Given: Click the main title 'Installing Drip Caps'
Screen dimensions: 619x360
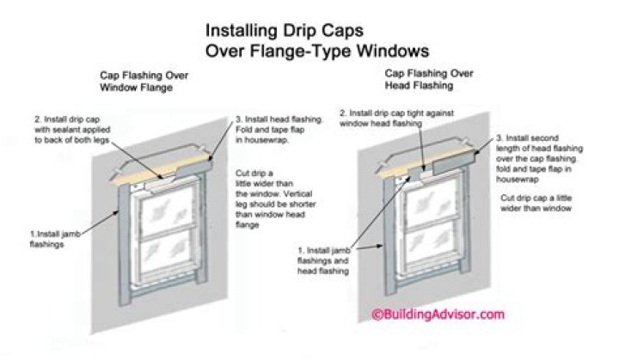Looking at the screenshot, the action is click(285, 31).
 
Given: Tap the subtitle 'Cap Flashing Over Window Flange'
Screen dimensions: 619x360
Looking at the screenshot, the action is click(144, 81).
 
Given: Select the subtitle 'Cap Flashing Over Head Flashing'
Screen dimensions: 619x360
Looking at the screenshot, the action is click(429, 79).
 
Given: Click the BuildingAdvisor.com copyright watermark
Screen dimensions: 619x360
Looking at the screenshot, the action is click(438, 314).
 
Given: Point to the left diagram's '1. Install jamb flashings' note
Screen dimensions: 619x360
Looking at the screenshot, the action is click(55, 239).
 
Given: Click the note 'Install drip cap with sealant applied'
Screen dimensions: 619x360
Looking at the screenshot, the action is click(72, 130).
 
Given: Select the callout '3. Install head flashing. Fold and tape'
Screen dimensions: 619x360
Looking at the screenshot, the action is click(279, 130).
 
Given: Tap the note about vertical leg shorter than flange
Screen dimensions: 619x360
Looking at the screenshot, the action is click(276, 199).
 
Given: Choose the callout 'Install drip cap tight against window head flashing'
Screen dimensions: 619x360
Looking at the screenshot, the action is click(396, 118).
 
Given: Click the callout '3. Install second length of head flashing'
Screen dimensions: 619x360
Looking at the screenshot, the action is click(539, 158).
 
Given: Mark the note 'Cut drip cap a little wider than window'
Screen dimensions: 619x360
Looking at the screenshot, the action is click(536, 203).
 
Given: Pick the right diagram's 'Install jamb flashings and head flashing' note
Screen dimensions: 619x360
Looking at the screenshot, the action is click(324, 260).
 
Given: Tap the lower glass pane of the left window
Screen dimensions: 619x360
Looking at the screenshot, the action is click(166, 251).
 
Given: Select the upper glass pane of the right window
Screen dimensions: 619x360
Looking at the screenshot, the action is click(431, 205).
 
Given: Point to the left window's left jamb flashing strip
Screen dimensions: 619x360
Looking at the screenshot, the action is click(124, 245).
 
